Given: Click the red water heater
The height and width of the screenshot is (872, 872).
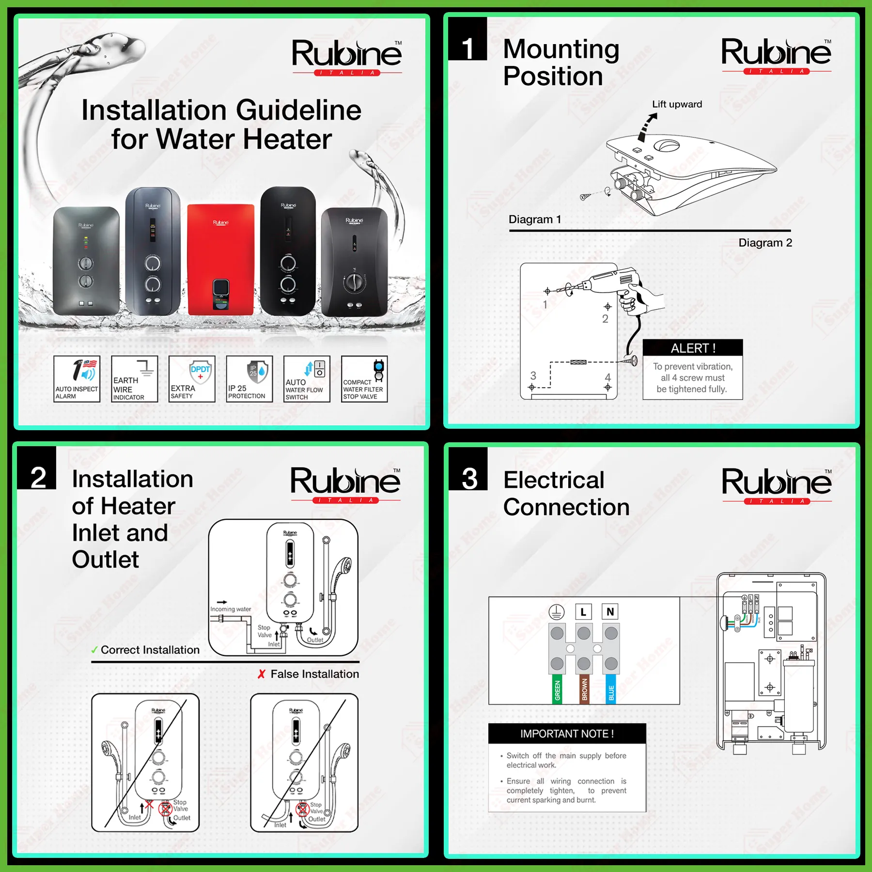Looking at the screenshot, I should (220, 259).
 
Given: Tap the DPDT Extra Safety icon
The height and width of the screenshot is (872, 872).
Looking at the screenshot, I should (192, 379).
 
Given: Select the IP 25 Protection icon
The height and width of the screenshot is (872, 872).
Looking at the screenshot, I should (249, 379).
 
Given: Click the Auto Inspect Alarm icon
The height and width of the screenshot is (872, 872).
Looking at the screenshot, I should (77, 379).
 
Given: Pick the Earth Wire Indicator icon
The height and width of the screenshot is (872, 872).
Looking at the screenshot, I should (134, 379).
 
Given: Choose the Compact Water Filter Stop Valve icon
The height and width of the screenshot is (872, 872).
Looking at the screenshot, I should (364, 379).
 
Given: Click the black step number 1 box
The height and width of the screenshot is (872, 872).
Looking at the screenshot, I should (467, 39).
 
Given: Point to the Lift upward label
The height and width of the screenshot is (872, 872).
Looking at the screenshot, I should (677, 104).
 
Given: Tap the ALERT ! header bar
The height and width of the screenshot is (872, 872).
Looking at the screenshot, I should (692, 348).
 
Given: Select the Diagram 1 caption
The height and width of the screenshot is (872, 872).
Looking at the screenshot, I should (535, 219).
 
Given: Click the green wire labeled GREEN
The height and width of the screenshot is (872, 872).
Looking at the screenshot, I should (557, 688).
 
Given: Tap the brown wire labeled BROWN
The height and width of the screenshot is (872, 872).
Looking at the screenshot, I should (584, 688).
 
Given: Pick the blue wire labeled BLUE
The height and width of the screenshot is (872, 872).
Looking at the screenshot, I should (611, 688).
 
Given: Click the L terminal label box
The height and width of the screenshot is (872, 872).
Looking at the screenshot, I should (583, 612).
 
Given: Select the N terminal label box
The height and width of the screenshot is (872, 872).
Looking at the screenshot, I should (610, 612).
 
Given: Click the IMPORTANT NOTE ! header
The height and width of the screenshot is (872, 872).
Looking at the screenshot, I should (567, 733).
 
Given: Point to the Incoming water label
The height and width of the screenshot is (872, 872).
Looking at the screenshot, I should (231, 609).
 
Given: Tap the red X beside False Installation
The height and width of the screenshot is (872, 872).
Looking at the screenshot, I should (262, 674).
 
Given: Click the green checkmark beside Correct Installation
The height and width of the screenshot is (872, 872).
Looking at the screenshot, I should (94, 650).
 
